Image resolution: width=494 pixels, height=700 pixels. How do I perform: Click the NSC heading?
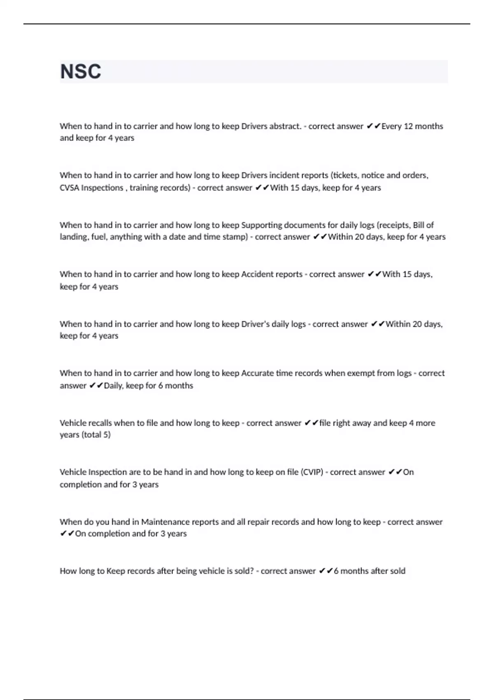(x=81, y=72)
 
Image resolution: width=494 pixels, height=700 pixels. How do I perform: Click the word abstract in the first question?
(x=285, y=126)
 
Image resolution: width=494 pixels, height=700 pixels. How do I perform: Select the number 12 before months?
(x=408, y=126)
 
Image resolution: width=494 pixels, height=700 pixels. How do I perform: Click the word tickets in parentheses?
(x=345, y=175)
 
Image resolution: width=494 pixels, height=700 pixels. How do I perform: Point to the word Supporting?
(x=261, y=225)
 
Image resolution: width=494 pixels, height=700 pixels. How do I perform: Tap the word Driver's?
(x=255, y=324)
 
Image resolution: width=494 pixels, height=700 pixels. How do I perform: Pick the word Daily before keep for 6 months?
(x=113, y=386)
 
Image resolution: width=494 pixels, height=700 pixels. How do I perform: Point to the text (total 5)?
(x=96, y=435)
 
